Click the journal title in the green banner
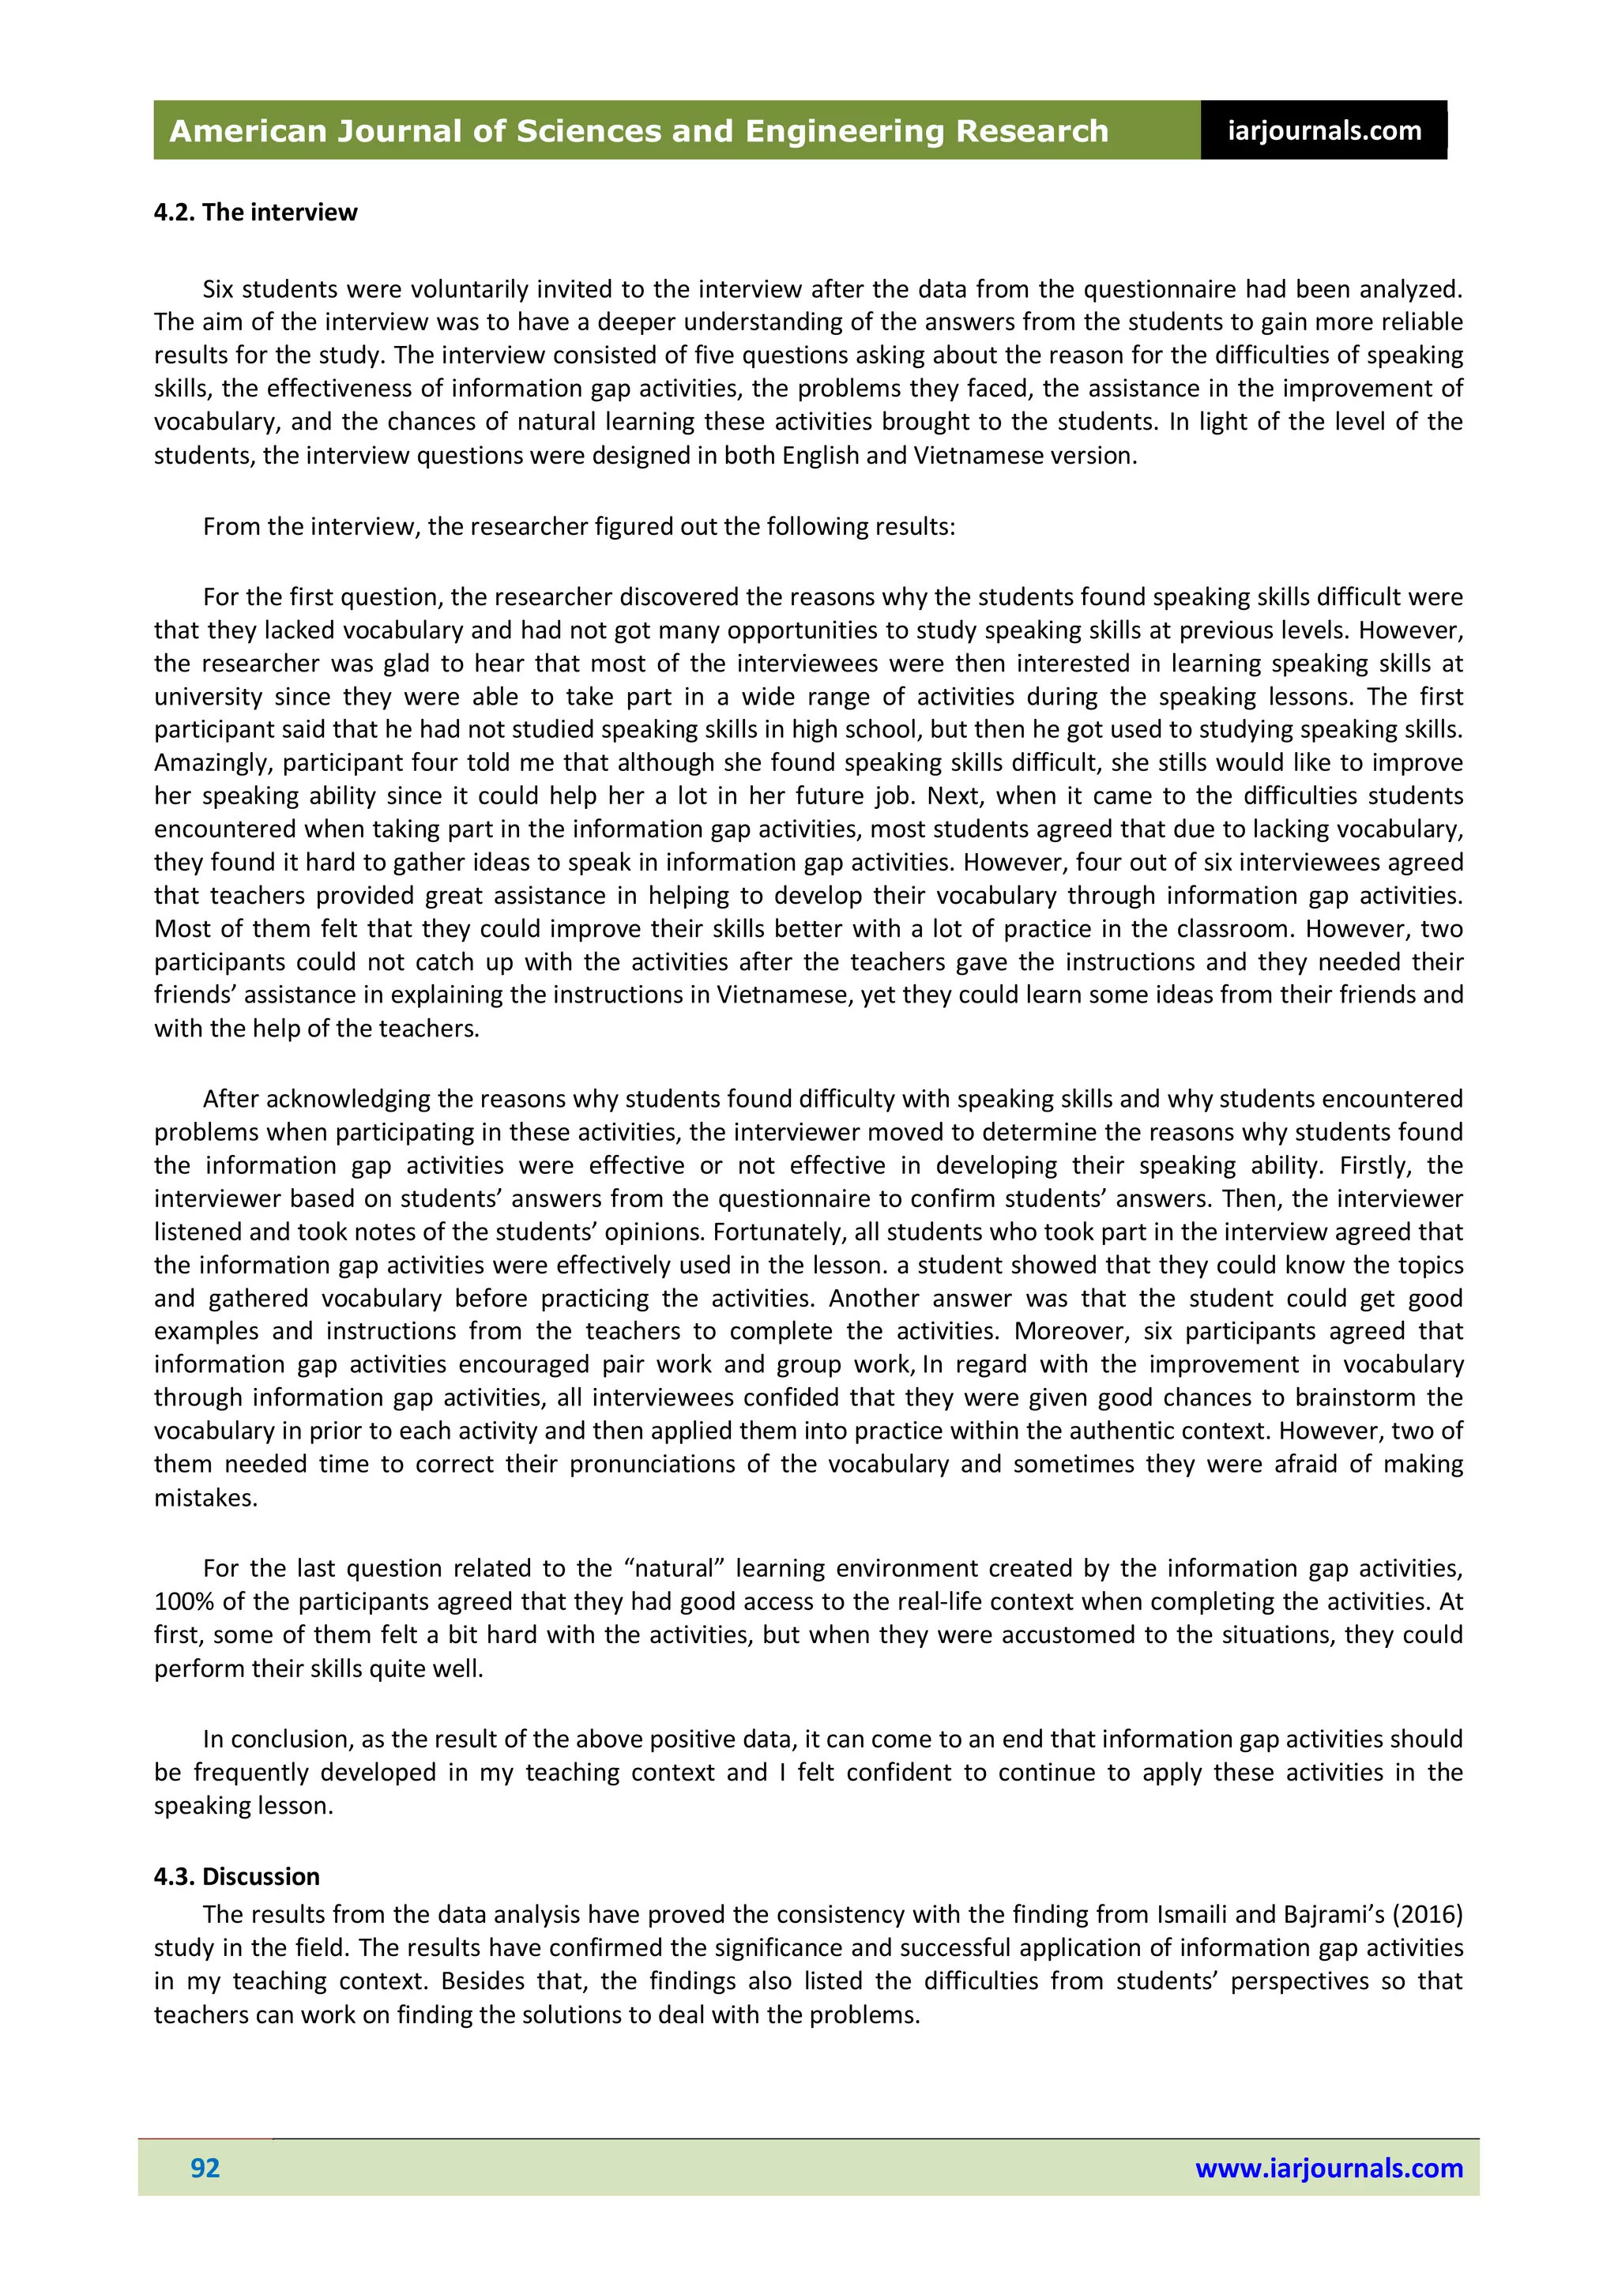[x=638, y=130]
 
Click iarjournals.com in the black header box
[x=1323, y=130]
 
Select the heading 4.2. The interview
[x=255, y=213]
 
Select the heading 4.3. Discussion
[x=236, y=1877]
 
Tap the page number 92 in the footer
[x=205, y=2168]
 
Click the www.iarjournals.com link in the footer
[x=1328, y=2168]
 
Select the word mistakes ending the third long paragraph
[x=205, y=1498]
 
